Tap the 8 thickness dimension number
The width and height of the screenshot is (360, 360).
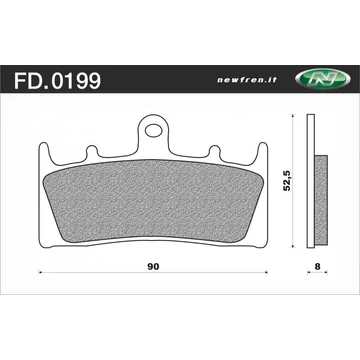pyautogui.click(x=319, y=268)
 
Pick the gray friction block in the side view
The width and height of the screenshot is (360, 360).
pyautogui.click(x=322, y=196)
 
